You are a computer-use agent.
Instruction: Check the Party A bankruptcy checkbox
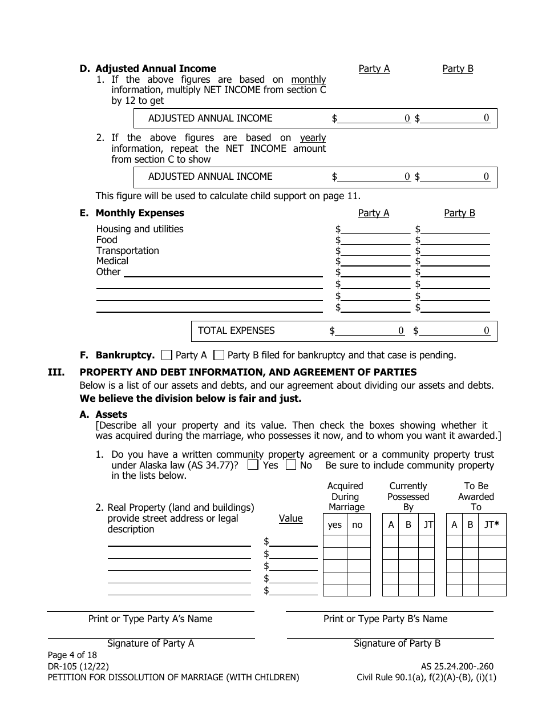click(x=167, y=355)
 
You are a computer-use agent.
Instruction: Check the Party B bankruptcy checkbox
click(x=219, y=355)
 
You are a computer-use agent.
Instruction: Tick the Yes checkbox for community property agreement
click(x=253, y=465)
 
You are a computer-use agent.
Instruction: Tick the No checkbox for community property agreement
click(x=290, y=465)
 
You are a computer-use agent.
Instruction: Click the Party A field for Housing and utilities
click(x=375, y=229)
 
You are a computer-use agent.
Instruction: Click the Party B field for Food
click(x=455, y=240)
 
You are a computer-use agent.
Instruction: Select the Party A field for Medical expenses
click(x=375, y=261)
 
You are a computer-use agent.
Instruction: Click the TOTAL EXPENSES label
click(x=236, y=330)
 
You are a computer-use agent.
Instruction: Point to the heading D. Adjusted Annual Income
click(x=148, y=69)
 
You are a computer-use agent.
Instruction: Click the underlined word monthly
click(x=308, y=80)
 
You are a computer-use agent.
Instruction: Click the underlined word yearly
click(x=313, y=138)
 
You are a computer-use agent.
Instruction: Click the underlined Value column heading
click(x=290, y=519)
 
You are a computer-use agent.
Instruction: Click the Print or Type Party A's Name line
click(x=150, y=611)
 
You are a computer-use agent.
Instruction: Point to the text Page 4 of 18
click(x=72, y=655)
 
